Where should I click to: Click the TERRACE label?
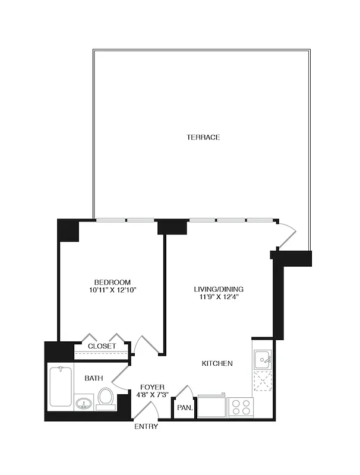(203, 137)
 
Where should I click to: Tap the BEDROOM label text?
(112, 282)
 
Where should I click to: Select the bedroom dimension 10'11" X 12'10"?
(112, 290)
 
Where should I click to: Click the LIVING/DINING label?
(219, 290)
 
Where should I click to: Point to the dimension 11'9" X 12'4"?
(219, 298)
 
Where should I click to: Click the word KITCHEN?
(217, 363)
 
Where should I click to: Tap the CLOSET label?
(102, 346)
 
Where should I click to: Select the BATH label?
(92, 378)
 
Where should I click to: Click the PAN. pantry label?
(183, 408)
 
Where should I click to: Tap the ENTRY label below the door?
(146, 427)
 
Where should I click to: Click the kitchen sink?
(262, 359)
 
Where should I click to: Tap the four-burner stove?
(241, 407)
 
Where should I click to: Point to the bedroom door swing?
(146, 344)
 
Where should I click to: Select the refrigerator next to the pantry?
(211, 406)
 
